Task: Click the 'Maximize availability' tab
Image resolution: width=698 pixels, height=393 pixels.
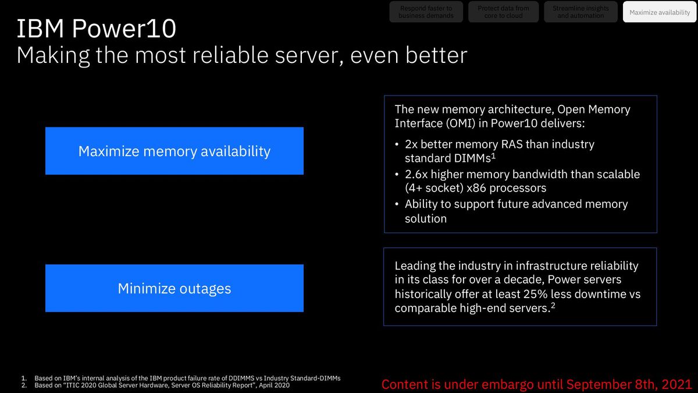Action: [x=660, y=12]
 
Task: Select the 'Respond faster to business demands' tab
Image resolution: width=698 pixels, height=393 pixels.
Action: [x=426, y=12]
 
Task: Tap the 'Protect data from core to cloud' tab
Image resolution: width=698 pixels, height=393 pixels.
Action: [x=503, y=12]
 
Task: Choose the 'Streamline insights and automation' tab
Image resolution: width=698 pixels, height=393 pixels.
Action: [x=580, y=12]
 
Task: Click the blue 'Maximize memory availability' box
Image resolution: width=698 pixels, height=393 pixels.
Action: [x=174, y=151]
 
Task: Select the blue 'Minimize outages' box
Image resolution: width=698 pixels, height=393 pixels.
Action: [x=174, y=288]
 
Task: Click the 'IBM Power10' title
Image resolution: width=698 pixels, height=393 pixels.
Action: [x=96, y=30]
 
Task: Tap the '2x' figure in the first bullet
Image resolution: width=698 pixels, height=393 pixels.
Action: [x=412, y=144]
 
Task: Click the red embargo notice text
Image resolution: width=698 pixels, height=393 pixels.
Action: [x=536, y=384]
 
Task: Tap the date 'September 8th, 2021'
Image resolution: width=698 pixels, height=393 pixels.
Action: [x=629, y=384]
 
